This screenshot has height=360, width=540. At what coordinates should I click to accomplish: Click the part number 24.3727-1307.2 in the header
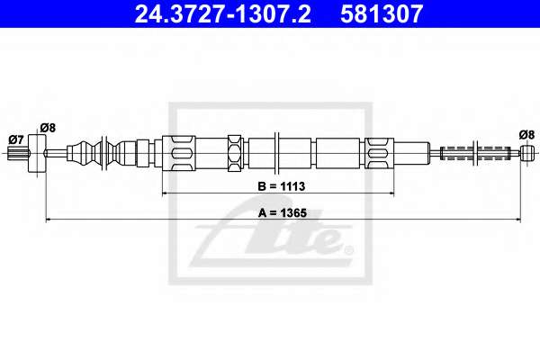[x=222, y=13]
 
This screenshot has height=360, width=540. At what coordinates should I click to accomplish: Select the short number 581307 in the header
[x=382, y=13]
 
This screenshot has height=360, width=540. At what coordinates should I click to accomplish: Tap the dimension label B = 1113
[x=282, y=186]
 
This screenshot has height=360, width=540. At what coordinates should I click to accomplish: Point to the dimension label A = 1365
[x=283, y=213]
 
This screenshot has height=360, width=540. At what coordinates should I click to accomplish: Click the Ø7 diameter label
[x=16, y=139]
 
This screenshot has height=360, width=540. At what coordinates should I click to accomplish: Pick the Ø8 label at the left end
[x=48, y=128]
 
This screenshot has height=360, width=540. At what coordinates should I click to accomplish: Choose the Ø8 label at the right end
[x=526, y=135]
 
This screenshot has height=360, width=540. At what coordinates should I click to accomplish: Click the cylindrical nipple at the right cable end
[x=527, y=153]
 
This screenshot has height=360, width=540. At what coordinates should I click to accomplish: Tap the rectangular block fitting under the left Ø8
[x=37, y=153]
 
